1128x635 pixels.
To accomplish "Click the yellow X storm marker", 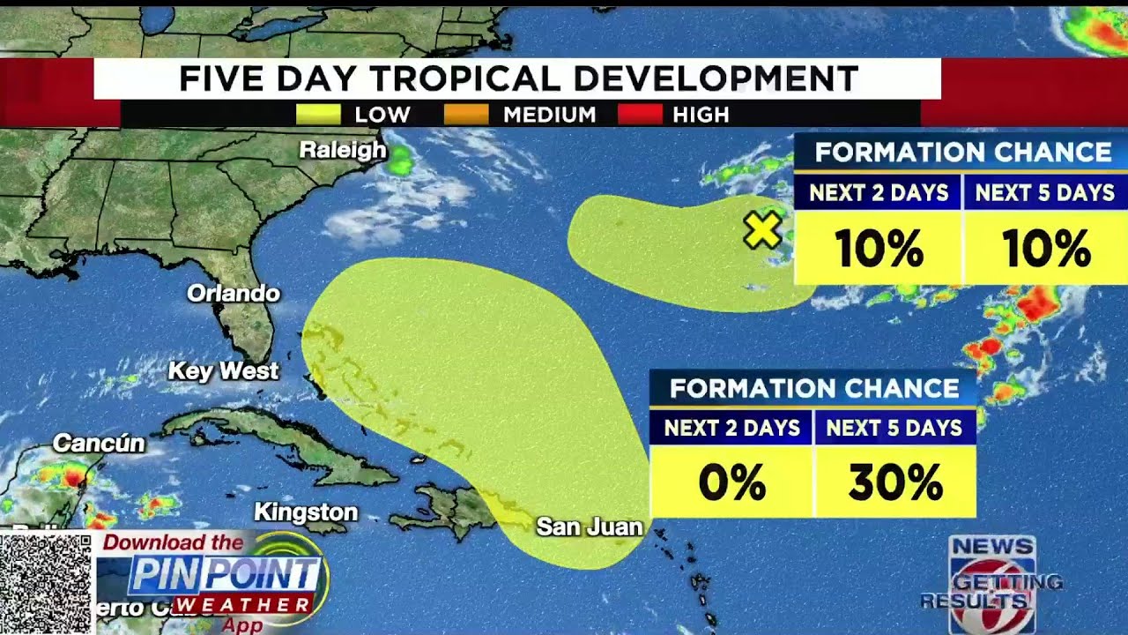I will click(762, 231).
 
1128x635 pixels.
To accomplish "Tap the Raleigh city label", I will click(343, 150).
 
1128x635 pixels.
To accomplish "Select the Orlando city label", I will click(234, 293).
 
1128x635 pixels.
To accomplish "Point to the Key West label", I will click(223, 371).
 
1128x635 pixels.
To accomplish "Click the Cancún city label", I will click(99, 443).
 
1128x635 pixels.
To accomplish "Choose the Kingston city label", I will click(306, 512).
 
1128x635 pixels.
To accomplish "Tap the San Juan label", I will click(589, 527).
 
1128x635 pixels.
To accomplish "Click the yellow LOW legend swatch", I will click(318, 115).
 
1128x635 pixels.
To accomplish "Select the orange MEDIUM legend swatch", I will click(466, 115).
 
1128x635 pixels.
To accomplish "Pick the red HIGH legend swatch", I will click(640, 115).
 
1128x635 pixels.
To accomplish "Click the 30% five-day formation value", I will click(895, 482).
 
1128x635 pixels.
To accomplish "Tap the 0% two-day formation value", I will click(731, 482).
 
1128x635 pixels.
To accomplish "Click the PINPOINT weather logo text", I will click(224, 576).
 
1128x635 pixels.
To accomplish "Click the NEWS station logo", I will click(992, 573).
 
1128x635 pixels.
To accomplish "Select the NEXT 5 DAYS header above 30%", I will click(894, 428).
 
